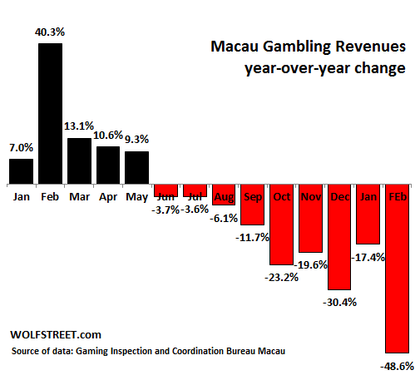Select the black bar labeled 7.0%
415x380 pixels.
click(21, 171)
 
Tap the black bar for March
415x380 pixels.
click(79, 160)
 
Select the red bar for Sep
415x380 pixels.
click(252, 205)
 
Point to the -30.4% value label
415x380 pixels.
click(339, 302)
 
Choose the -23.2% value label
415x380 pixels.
click(281, 277)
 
